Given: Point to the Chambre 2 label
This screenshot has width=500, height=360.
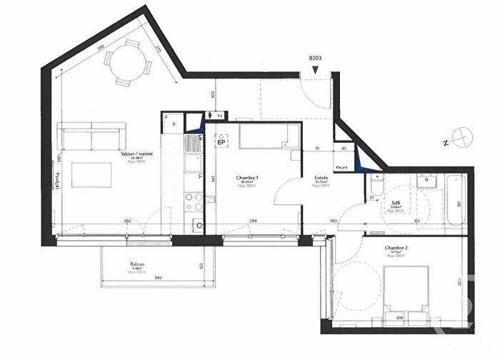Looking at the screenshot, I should click(x=396, y=250).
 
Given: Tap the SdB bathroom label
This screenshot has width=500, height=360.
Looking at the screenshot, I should click(x=395, y=204).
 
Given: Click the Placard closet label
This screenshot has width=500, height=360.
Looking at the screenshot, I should click(x=341, y=168).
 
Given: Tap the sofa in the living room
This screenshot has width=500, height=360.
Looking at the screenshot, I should click(x=91, y=136).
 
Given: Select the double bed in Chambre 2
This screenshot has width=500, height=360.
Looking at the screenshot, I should click(x=406, y=287).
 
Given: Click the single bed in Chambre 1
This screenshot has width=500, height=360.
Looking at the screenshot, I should click(x=268, y=136).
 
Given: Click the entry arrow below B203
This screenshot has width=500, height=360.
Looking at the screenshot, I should click(x=315, y=70).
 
